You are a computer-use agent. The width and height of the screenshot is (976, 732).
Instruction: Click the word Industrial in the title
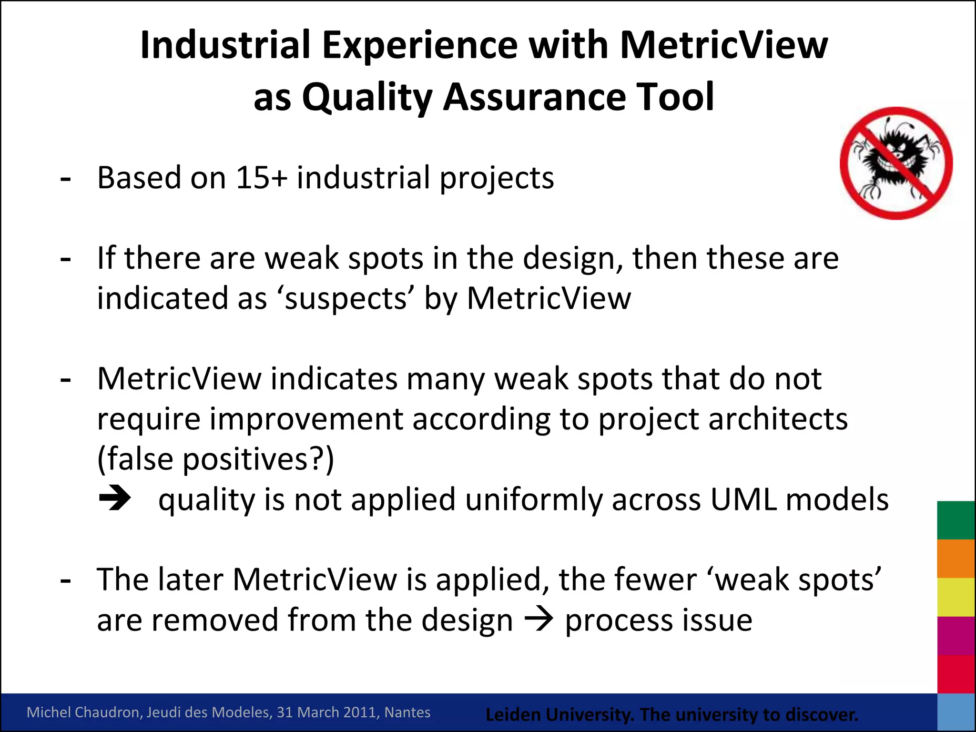[225, 45]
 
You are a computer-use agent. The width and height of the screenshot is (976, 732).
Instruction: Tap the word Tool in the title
[675, 97]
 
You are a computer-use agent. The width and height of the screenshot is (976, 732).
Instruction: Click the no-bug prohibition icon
[896, 163]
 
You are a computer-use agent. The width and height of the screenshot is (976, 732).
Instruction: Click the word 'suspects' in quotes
[346, 299]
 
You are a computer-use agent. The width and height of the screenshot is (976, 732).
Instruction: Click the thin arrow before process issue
[539, 620]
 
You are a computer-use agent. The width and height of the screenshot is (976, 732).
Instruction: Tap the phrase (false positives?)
[215, 459]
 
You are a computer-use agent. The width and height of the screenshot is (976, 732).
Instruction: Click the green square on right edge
[956, 520]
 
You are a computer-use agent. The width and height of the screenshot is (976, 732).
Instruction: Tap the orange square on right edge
[956, 559]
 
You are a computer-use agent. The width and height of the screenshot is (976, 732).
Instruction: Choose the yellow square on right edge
[956, 597]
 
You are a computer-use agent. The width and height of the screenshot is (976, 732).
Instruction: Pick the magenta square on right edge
[956, 636]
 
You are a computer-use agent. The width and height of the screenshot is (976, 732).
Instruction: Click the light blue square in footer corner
[956, 712]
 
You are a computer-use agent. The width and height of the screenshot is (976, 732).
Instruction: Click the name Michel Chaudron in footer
[83, 712]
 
